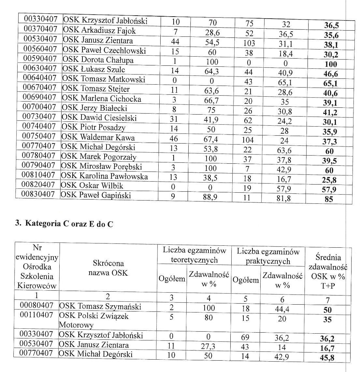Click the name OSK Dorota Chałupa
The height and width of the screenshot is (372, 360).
pyautogui.click(x=98, y=60)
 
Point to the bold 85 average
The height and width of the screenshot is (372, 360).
pyautogui.click(x=329, y=199)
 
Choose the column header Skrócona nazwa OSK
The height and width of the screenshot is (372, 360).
pyautogui.click(x=108, y=268)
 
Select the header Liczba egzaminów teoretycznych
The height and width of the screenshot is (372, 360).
pyautogui.click(x=194, y=255)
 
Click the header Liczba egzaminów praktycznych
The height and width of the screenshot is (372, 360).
pyautogui.click(x=268, y=256)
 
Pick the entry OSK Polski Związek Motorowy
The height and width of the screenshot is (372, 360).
pyautogui.click(x=94, y=320)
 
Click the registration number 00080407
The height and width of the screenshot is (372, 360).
pyautogui.click(x=36, y=306)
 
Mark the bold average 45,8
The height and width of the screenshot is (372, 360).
pyautogui.click(x=327, y=358)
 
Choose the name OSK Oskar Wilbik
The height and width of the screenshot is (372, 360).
pyautogui.click(x=91, y=186)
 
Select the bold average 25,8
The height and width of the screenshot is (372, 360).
pyautogui.click(x=329, y=180)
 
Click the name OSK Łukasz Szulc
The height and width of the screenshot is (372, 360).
pyautogui.click(x=94, y=70)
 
